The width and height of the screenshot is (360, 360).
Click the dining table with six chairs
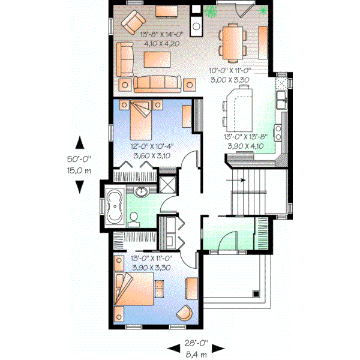(x=232, y=41)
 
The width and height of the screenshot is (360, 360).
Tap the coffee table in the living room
(x=157, y=58)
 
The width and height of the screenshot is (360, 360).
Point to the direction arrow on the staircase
(x=235, y=179)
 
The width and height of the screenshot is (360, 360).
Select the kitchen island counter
(x=238, y=108)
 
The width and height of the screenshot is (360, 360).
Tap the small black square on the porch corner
(x=256, y=294)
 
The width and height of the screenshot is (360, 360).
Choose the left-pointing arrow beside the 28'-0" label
(x=174, y=347)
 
